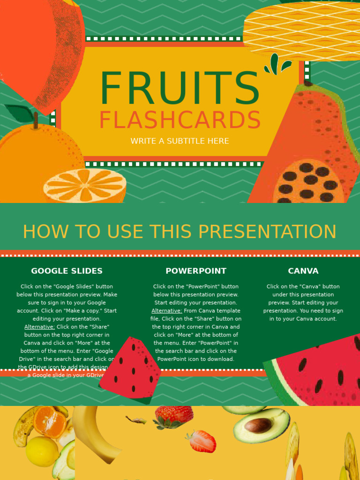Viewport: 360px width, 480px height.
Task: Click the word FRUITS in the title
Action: [x=180, y=89]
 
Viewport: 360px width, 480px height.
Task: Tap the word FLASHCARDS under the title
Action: [x=180, y=120]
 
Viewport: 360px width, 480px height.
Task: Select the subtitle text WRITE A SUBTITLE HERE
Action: [x=180, y=141]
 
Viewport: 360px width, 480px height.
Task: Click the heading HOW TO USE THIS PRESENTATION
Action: [x=180, y=232]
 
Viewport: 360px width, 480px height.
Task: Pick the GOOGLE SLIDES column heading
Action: [x=67, y=271]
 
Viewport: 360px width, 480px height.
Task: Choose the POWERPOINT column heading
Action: [x=196, y=271]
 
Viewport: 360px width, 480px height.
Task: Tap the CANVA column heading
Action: [x=303, y=271]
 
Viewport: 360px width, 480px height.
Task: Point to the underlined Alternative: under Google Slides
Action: [x=39, y=327]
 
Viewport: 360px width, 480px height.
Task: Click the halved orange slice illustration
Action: [x=85, y=186]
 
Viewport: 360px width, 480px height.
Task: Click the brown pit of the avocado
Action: [x=258, y=426]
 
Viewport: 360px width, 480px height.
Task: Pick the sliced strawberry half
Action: [x=202, y=441]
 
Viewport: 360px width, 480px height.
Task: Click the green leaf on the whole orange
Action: [x=20, y=113]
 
